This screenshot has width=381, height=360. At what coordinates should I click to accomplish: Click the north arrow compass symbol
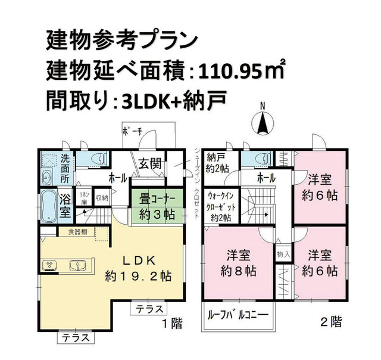click(262, 123)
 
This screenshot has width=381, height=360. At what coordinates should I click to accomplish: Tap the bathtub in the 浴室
click(48, 206)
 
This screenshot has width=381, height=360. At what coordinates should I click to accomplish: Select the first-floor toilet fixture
click(100, 159)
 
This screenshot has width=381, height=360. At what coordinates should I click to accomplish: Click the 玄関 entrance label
click(150, 163)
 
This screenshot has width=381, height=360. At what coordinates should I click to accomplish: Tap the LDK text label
click(139, 260)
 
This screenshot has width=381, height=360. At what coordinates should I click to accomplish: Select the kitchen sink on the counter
click(77, 265)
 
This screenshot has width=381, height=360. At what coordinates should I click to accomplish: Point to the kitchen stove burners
click(49, 265)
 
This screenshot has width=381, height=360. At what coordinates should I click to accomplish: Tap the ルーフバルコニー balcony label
click(238, 315)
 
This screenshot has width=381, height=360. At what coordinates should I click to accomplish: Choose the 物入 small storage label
click(283, 255)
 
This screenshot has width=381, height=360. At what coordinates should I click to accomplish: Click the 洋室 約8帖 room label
click(238, 263)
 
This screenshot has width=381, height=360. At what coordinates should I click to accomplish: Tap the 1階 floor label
click(172, 323)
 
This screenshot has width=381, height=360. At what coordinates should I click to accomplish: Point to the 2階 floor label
click(331, 322)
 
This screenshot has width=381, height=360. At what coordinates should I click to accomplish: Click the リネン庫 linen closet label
click(85, 198)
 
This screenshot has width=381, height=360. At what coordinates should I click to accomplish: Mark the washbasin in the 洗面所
click(47, 178)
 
